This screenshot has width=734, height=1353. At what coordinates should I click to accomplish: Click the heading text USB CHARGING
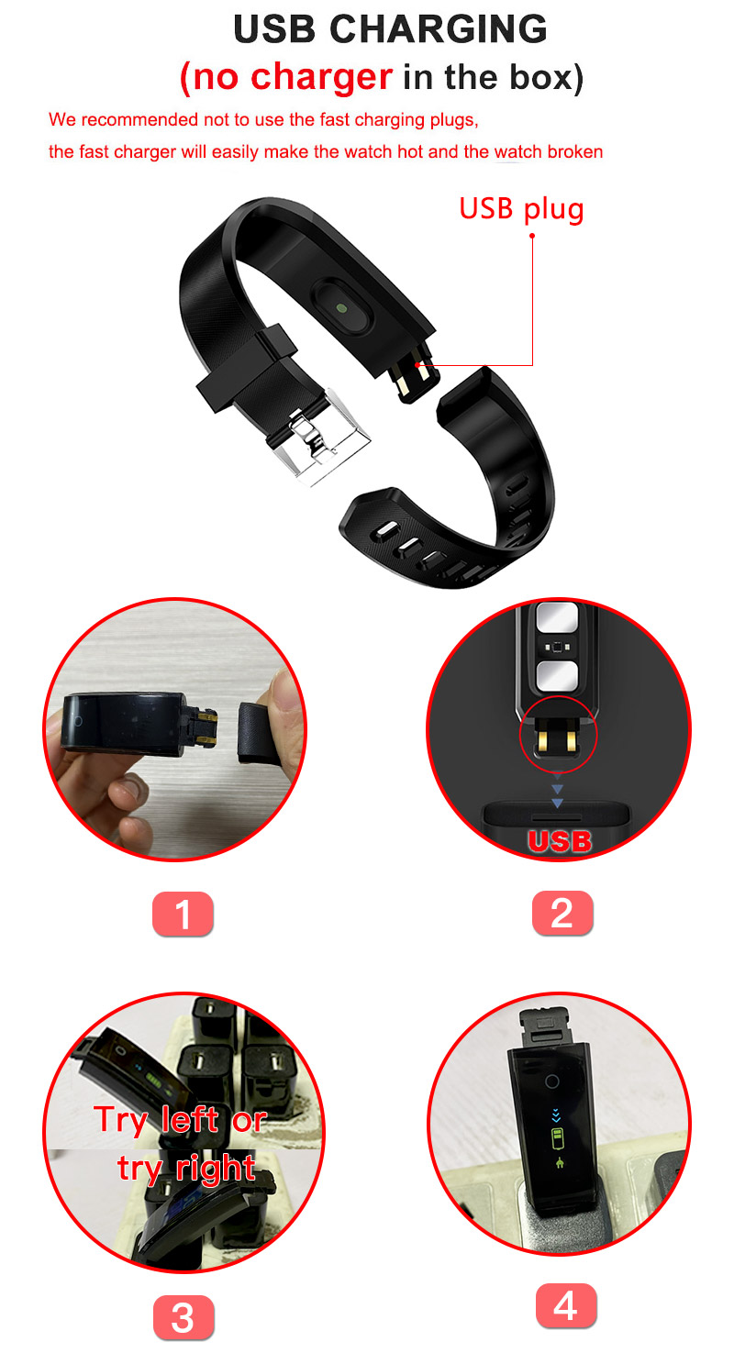coord(390,29)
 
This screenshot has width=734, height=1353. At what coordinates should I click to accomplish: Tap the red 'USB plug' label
coord(521,208)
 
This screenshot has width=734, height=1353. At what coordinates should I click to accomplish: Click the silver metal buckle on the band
coord(320,436)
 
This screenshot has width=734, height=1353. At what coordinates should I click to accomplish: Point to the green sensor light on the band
coord(341,309)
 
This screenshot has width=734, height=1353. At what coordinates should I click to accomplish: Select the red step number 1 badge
coord(183,915)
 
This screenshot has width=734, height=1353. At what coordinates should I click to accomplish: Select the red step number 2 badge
coord(562,915)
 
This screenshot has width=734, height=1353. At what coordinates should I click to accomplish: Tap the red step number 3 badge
coord(183,1319)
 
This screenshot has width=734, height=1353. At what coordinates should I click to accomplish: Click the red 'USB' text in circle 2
coord(559,841)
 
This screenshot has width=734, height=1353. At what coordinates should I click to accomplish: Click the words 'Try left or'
coord(180,1120)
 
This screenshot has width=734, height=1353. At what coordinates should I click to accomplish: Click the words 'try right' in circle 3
coord(186,1168)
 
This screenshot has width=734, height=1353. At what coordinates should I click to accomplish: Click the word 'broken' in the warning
coord(574,152)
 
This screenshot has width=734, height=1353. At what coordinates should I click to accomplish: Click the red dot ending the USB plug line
coord(531,237)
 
